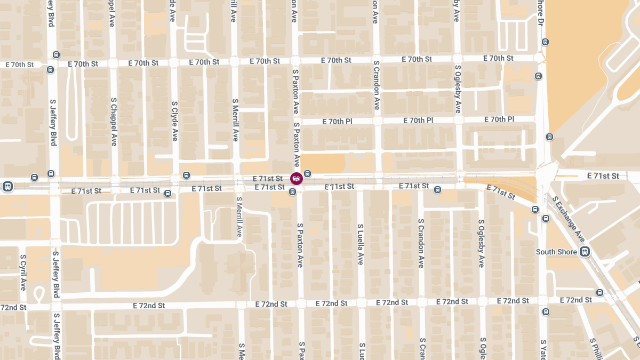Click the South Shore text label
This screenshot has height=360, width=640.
[x=556, y=252]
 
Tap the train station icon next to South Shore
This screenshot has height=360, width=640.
[x=585, y=252]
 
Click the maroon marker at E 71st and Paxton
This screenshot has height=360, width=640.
[x=297, y=179]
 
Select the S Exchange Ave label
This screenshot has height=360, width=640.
[x=569, y=219]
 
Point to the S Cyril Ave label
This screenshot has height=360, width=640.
[x=23, y=272]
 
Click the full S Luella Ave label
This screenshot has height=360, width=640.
[x=361, y=244]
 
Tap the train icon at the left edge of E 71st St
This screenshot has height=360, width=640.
[x=7, y=186]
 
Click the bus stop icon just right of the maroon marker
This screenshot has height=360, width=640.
[x=308, y=174]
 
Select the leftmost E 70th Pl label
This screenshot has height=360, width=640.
[x=337, y=122]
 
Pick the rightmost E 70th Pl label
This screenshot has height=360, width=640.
[x=499, y=119]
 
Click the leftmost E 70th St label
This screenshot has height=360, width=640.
[x=19, y=65]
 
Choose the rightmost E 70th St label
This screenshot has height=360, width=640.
[x=498, y=58]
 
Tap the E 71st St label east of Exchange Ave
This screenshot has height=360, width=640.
[x=603, y=175]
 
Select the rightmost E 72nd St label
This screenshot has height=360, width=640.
[x=577, y=300]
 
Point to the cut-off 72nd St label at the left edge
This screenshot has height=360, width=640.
[x=13, y=308]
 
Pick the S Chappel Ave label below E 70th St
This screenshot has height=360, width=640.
[x=114, y=122]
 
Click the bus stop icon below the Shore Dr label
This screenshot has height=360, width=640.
[x=545, y=42]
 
